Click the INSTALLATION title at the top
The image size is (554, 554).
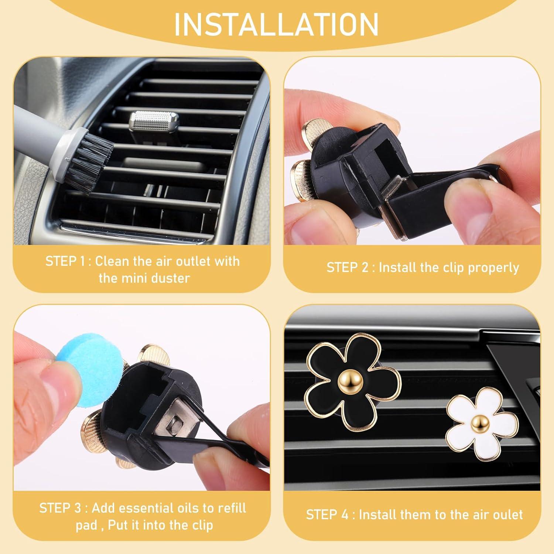pos(276,24)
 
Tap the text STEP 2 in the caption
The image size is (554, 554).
pos(347,267)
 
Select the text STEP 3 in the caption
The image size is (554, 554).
pos(60,508)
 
